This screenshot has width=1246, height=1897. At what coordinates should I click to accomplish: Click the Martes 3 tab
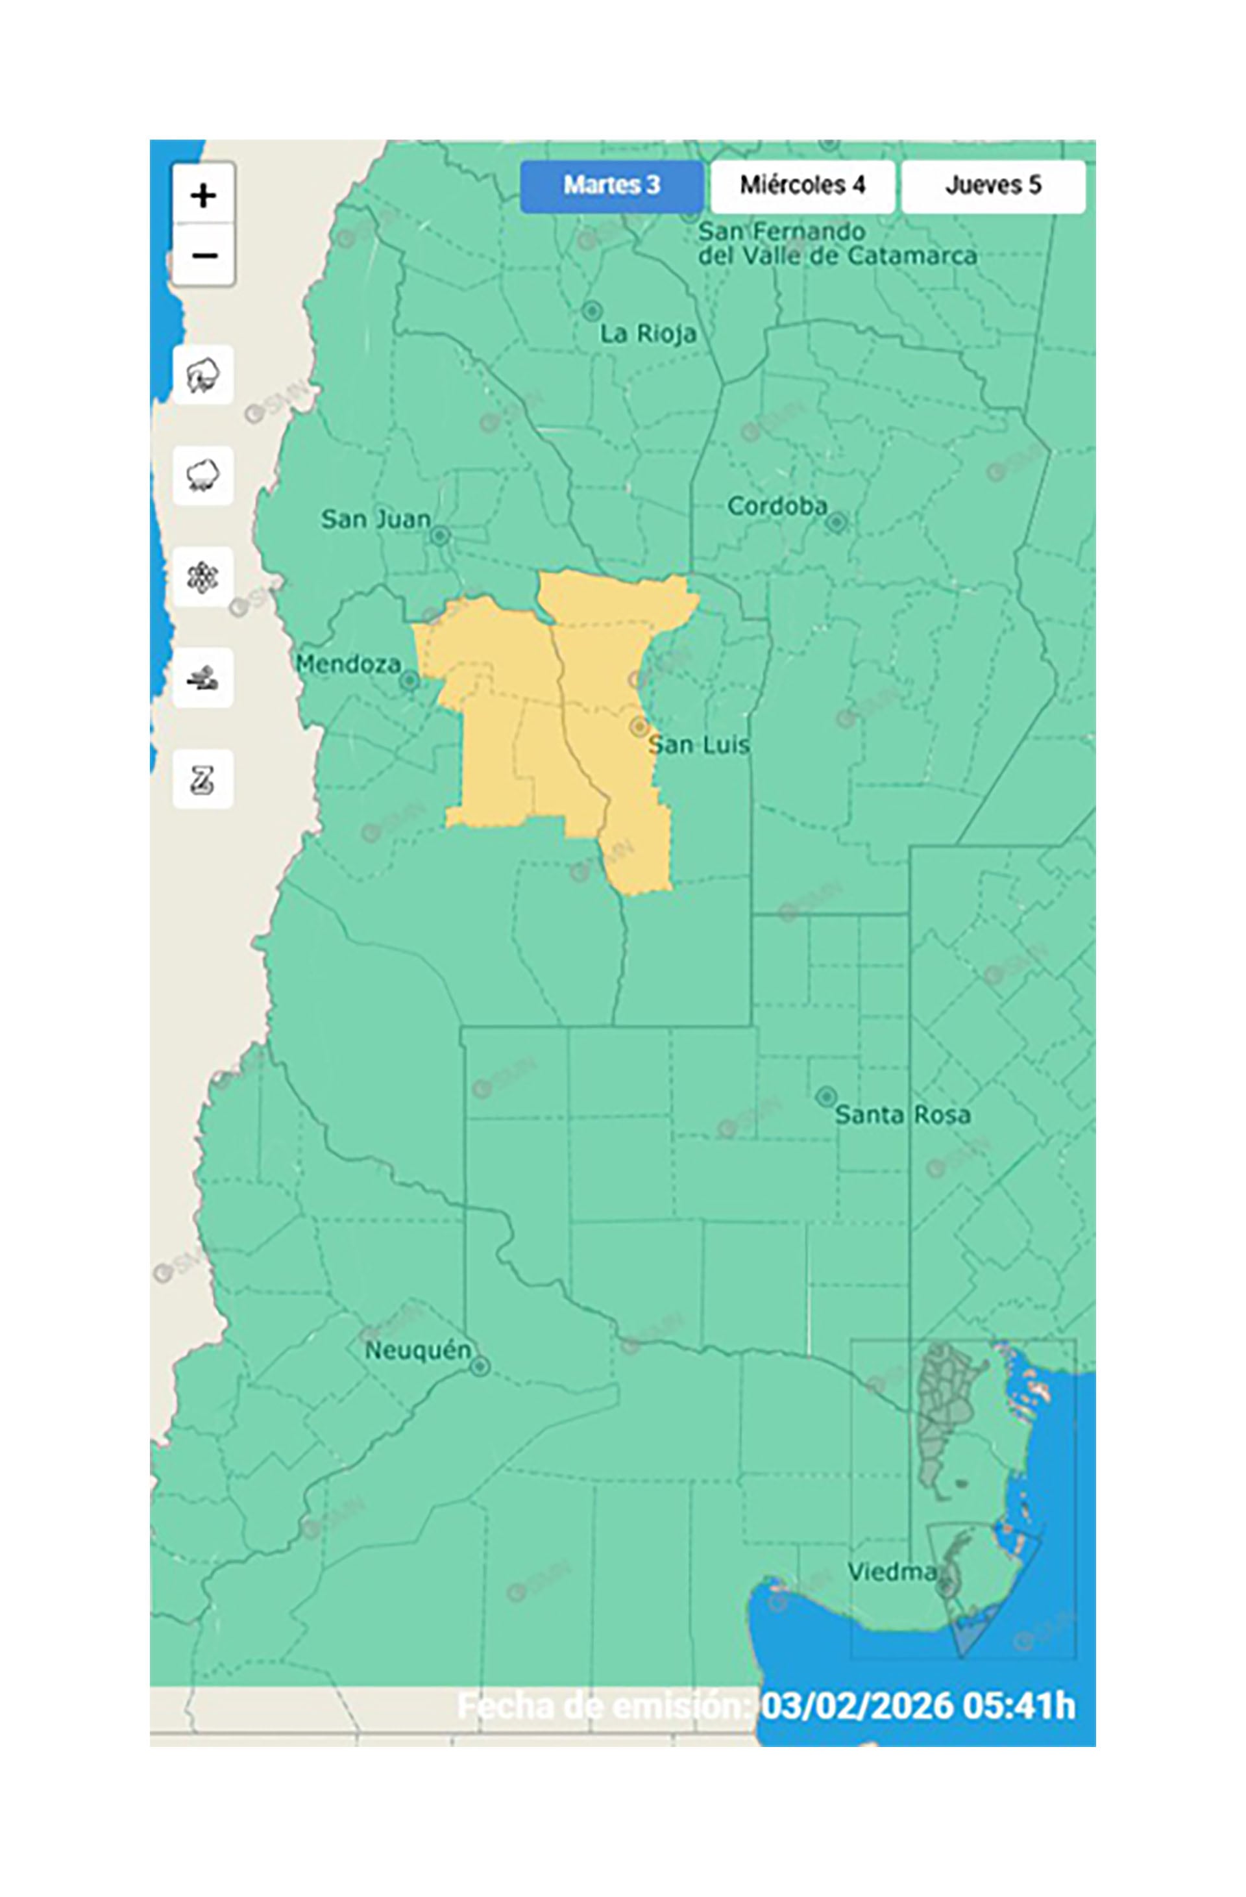pos(611,186)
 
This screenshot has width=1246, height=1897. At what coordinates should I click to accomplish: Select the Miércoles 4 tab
pos(801,186)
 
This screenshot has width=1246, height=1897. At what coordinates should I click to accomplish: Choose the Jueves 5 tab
pos(993,186)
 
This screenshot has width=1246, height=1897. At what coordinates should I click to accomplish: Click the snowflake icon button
pos(203,576)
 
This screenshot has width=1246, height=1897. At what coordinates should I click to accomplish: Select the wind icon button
pos(203,677)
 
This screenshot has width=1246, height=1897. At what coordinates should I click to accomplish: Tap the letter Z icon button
pos(203,779)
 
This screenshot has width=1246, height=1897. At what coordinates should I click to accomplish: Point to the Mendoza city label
pos(348,664)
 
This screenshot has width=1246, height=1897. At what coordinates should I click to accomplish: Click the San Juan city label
pos(375,520)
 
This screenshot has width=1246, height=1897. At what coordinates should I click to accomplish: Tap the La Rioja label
pos(648,333)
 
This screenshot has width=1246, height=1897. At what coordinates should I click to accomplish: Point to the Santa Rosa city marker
pos(826,1097)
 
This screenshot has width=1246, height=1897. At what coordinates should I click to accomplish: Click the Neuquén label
pos(417,1350)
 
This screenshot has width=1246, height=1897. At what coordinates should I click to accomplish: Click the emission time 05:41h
pos(1019,1707)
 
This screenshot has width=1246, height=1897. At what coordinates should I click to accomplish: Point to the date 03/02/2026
pos(857,1707)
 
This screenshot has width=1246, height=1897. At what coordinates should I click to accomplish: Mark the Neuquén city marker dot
pos(479,1367)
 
